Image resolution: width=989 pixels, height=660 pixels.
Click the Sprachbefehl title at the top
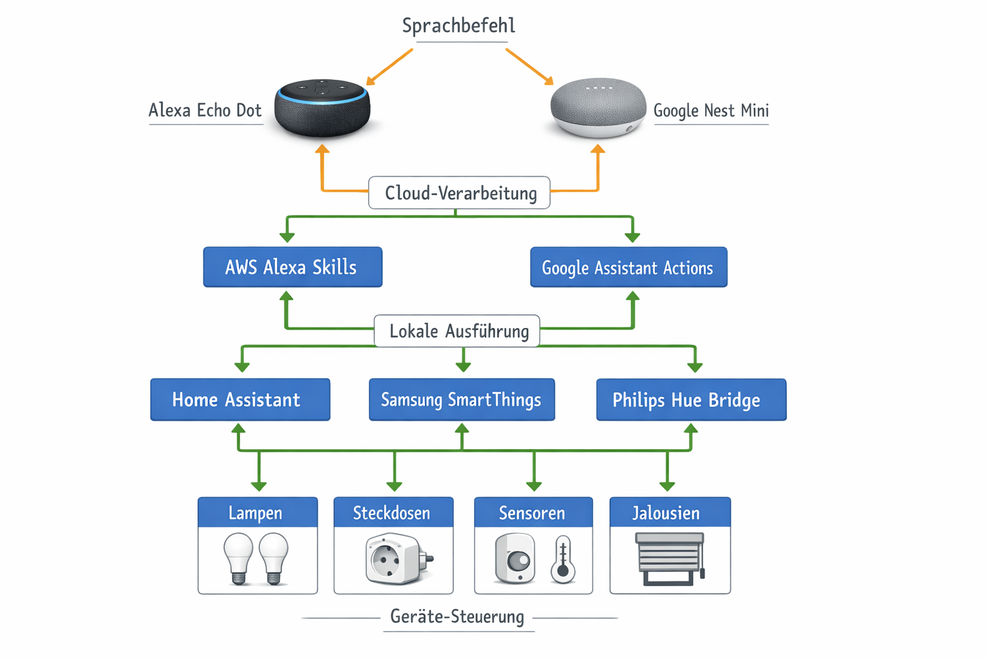(458, 26)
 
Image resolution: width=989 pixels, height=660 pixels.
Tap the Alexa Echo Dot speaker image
(322, 108)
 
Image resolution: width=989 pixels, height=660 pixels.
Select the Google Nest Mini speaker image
(598, 108)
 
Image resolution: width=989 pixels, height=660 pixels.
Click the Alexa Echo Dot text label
(205, 110)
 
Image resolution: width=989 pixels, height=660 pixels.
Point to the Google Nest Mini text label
(711, 110)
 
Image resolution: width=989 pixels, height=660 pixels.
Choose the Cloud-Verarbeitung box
(459, 193)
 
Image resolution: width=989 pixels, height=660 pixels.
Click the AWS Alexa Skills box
(292, 267)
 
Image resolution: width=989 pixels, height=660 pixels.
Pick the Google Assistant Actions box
(628, 267)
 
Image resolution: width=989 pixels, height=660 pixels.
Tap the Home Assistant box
(240, 400)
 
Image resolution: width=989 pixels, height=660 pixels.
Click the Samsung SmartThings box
(462, 400)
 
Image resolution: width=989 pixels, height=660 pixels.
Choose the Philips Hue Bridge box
(691, 400)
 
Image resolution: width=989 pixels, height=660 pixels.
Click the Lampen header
(258, 512)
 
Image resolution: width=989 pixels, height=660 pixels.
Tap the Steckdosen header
(393, 512)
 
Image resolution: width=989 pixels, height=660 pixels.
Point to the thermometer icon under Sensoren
(563, 559)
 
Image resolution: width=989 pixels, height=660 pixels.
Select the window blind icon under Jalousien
(670, 558)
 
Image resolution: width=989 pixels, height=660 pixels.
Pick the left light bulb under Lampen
(238, 558)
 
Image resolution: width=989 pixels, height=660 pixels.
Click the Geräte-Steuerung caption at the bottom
(458, 617)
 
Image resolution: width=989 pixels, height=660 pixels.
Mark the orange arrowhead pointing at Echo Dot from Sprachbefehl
(370, 81)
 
